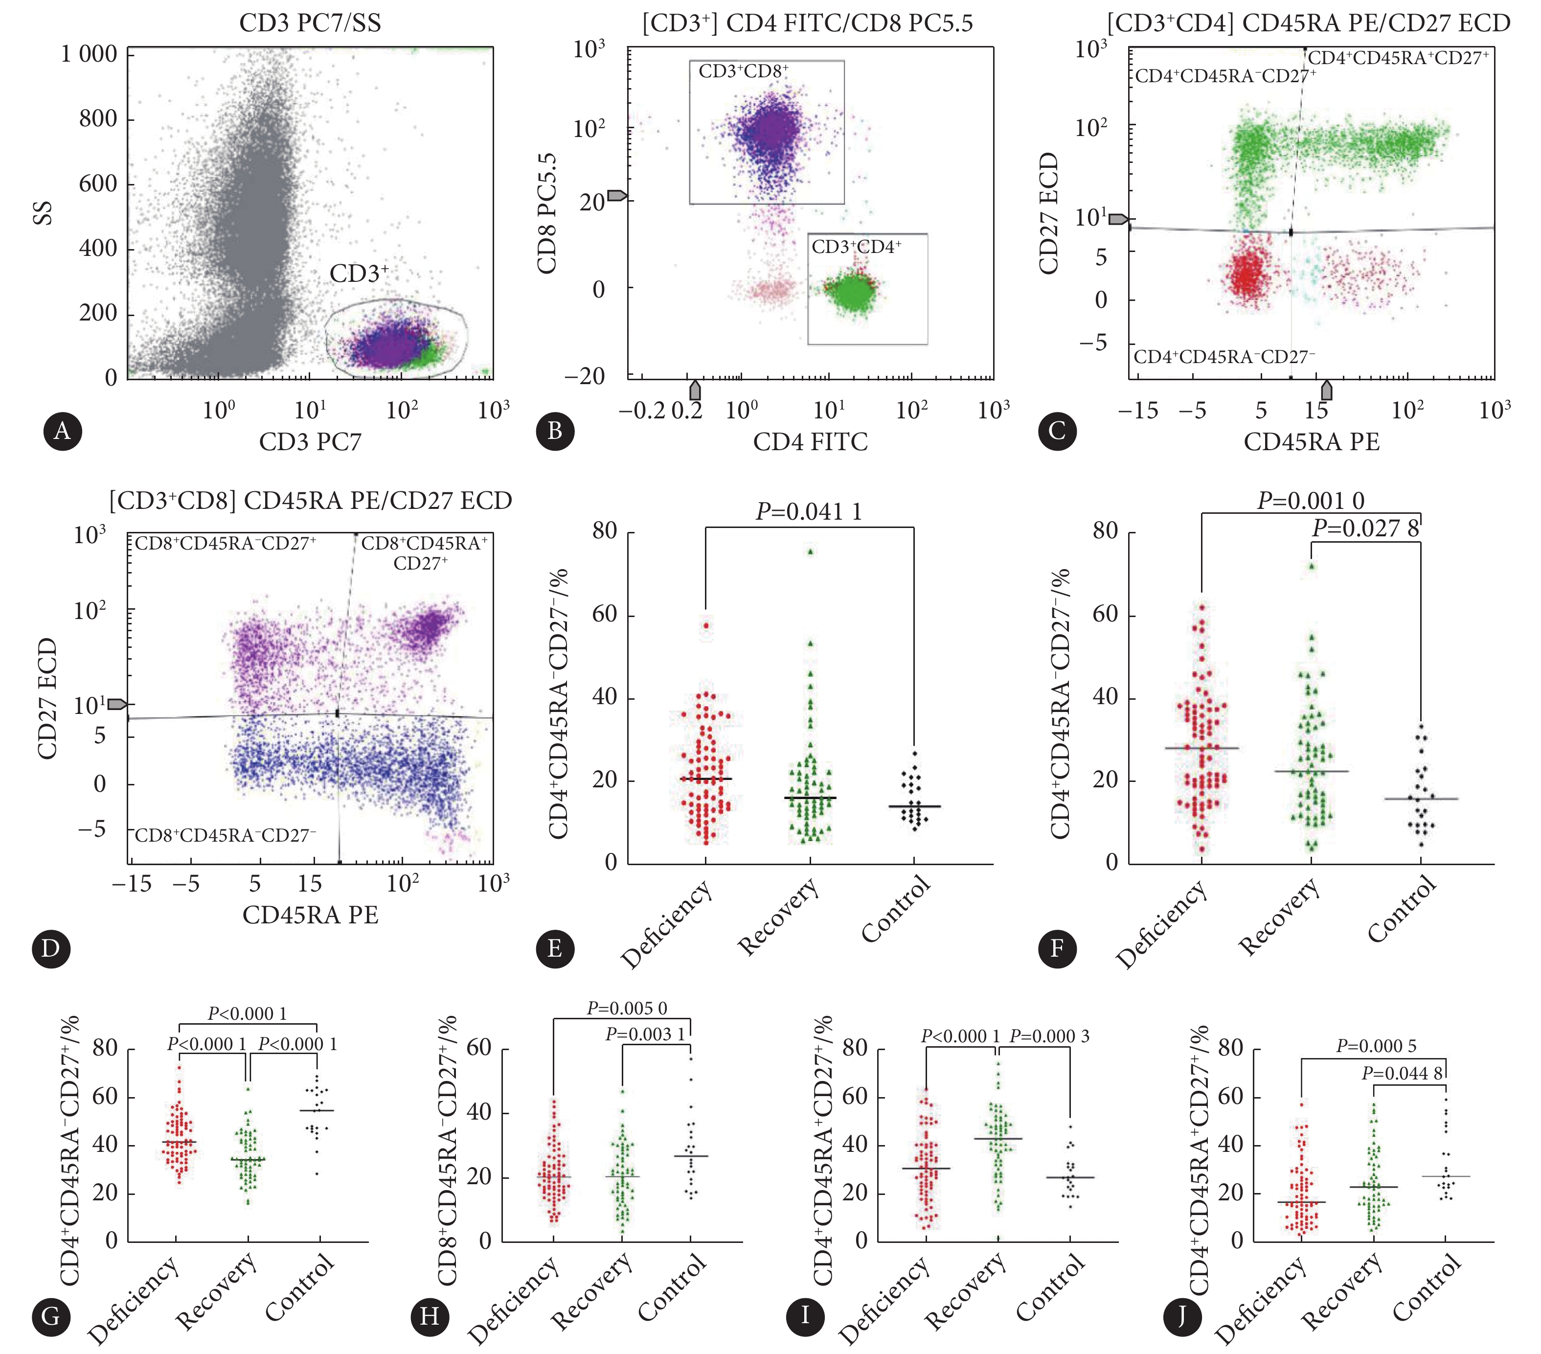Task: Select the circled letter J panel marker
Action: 1180,1316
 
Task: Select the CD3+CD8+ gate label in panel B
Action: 744,71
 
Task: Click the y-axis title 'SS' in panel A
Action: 44,213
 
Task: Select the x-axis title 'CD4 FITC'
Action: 811,441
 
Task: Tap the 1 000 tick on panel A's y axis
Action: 89,54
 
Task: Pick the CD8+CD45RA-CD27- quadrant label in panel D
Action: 225,836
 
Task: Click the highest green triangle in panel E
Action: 811,552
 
